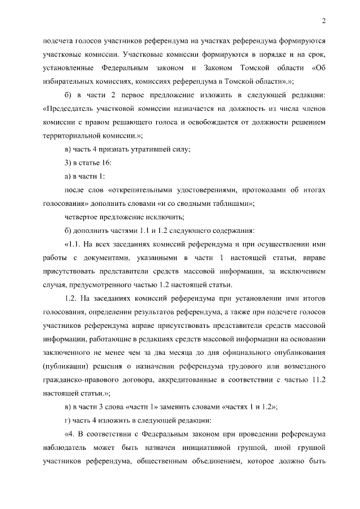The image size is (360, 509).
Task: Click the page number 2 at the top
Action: (x=325, y=21)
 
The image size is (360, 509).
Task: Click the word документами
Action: (x=118, y=259)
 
